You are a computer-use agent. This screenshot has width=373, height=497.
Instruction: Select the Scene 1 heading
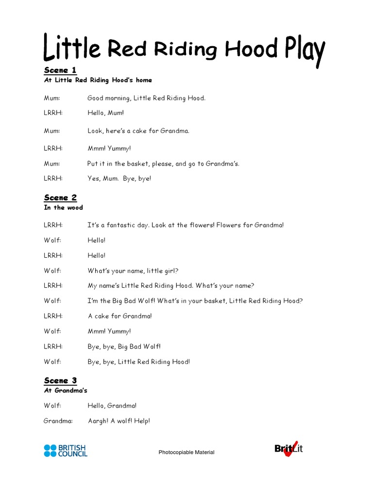point(60,70)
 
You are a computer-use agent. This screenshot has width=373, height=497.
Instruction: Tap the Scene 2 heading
point(60,198)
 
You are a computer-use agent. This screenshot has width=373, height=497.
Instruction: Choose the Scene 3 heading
point(60,381)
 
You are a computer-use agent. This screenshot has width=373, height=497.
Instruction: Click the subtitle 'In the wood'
point(63,208)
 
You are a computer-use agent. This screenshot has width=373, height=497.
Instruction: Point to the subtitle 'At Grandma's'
point(66,390)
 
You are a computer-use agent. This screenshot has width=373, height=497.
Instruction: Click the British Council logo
point(66,450)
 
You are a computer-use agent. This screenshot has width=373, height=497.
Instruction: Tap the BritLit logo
point(288,449)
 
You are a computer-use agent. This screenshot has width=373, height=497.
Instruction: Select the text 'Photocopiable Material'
point(186,452)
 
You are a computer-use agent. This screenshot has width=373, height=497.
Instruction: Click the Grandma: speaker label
point(58,421)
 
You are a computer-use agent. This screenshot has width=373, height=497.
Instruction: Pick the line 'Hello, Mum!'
point(105,113)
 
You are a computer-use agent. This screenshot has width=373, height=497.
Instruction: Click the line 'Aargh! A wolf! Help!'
point(119,421)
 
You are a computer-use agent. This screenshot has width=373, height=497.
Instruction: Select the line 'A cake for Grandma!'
point(119,316)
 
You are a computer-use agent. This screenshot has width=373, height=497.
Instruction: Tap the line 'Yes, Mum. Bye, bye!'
point(119,179)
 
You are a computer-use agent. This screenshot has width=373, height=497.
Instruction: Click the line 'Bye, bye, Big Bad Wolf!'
point(124,346)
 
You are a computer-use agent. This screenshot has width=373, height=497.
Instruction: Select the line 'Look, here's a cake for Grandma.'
point(138,131)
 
